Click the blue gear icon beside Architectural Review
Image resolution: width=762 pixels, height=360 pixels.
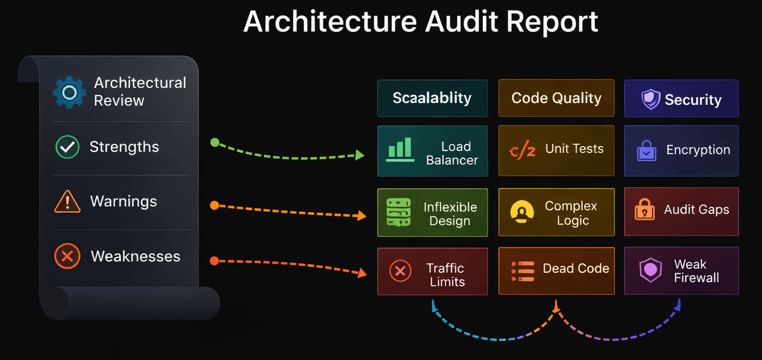click(69, 93)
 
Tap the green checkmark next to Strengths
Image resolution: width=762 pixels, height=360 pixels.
click(67, 147)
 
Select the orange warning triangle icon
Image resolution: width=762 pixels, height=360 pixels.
click(67, 202)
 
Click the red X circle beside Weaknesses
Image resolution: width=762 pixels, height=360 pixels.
click(67, 256)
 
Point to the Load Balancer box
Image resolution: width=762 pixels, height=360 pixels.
click(432, 151)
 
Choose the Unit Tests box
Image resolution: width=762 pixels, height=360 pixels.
click(556, 150)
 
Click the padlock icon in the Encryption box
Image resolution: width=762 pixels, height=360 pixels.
click(647, 151)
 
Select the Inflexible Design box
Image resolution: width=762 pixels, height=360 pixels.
click(432, 213)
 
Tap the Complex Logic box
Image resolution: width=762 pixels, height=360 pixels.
click(556, 212)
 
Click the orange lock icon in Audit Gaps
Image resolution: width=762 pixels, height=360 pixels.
click(644, 210)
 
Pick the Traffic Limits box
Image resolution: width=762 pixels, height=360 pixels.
click(432, 272)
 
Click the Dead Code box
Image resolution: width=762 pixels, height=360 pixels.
click(556, 271)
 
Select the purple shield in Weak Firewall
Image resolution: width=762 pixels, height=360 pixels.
click(651, 270)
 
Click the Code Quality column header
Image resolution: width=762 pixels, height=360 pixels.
click(556, 98)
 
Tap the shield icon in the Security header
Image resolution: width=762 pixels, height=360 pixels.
click(651, 99)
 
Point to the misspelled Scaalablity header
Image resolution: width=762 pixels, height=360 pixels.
click(432, 98)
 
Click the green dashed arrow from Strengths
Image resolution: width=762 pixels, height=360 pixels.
click(289, 156)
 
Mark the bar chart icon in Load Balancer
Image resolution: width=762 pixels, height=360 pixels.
click(400, 150)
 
